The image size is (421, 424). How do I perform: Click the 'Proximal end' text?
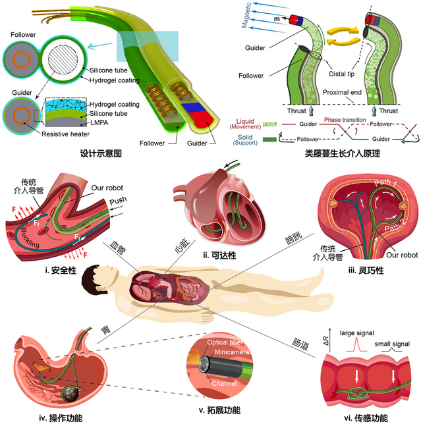click(x=355, y=93)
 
